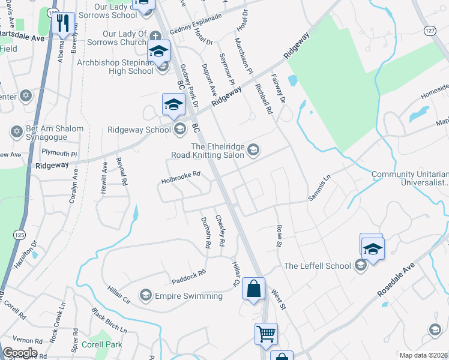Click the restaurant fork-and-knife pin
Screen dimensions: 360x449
point(62,23)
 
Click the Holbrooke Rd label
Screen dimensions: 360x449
point(180,178)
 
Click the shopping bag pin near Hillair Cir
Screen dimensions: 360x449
point(254,288)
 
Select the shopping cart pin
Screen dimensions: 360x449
point(265,333)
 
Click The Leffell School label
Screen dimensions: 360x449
point(318,266)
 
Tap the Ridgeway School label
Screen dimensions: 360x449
point(139,130)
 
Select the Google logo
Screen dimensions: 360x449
point(20,353)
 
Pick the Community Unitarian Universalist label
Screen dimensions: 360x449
point(410,178)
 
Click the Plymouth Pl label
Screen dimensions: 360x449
point(65,154)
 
